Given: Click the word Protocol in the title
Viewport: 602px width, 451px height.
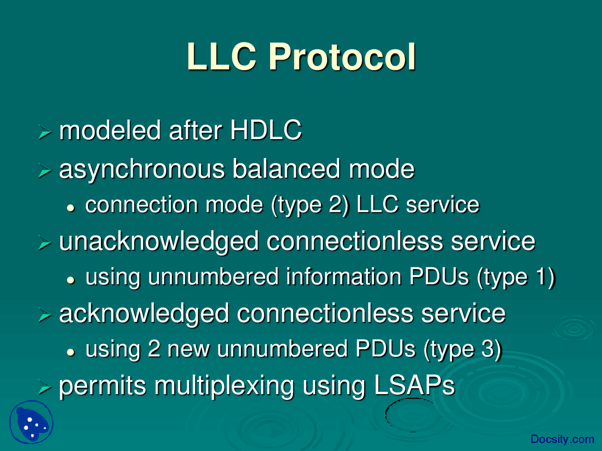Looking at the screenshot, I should [342, 57].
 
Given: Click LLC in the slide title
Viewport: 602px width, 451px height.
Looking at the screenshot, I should [222, 57].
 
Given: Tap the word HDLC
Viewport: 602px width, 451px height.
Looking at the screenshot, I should [266, 130].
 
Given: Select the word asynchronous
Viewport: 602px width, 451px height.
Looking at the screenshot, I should [142, 170].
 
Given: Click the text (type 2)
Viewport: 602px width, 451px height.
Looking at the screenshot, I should [310, 205].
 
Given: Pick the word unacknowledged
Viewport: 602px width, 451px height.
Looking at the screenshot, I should [159, 242].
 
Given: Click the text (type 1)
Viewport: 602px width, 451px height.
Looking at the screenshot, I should [516, 277].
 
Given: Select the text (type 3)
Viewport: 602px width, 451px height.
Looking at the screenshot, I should [462, 350].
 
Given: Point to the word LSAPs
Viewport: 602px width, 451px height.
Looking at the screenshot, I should [414, 386].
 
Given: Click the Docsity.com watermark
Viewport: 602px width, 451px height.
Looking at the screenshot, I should [562, 439].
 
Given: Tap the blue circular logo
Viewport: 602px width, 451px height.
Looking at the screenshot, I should [31, 422].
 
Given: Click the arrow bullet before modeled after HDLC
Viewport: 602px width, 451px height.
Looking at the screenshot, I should [44, 132].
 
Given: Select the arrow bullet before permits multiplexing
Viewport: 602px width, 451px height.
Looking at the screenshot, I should [44, 388].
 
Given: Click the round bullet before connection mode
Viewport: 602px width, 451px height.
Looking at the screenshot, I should [71, 207].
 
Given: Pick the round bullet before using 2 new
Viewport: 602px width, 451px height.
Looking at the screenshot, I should [71, 352].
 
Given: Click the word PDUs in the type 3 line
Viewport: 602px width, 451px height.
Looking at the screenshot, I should [385, 349].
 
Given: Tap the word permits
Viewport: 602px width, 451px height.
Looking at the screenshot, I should [103, 387].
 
